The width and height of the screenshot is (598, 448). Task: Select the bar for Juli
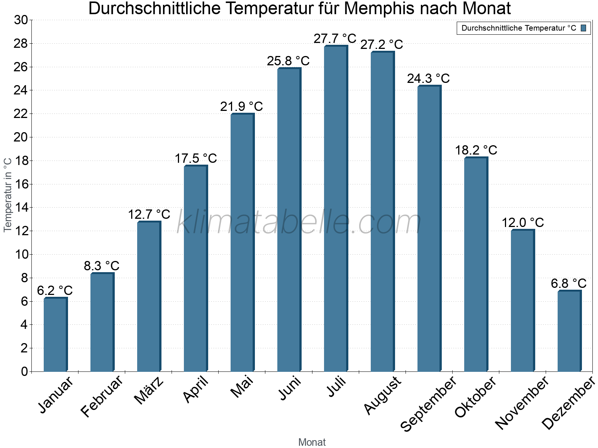pos(336,209)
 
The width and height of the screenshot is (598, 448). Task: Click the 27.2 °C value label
pos(382,45)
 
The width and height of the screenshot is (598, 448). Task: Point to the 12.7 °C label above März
pos(149,215)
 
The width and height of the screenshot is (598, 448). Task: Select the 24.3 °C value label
pos(428,79)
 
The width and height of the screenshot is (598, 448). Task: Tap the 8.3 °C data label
pos(101,266)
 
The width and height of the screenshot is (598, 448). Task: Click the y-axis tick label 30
pos(21,20)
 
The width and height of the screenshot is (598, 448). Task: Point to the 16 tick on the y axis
pos(21,184)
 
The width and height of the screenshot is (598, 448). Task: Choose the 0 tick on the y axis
pos(24,371)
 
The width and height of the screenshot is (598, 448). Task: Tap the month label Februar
pos(102,396)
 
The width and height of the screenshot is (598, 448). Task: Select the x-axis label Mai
pos(242,387)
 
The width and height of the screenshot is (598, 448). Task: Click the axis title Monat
pos(312,442)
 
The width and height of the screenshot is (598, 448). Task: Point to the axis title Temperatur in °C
pos(8,195)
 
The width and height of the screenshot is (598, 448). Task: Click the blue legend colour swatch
pos(583,28)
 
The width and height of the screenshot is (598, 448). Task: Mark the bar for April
pos(195,269)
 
